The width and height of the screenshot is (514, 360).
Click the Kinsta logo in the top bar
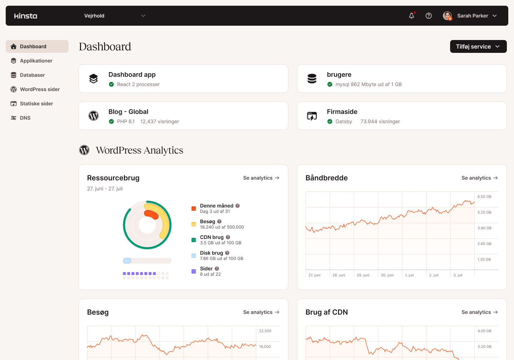point(26,16)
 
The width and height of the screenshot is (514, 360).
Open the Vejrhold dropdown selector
point(115,16)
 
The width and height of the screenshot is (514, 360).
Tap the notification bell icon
point(412,16)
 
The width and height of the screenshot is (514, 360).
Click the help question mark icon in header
point(429,16)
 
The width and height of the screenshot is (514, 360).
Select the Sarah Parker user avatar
point(447,16)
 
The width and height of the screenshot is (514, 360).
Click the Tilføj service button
point(478,46)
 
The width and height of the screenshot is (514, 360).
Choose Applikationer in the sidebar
point(36,61)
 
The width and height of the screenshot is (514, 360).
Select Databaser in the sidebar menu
point(32,75)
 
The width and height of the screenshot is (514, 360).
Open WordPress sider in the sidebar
point(40,89)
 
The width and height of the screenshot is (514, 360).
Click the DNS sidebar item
point(25,118)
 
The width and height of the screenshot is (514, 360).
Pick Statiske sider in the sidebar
point(36,104)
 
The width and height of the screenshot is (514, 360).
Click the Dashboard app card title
point(132,75)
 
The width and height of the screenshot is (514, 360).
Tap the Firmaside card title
point(342,112)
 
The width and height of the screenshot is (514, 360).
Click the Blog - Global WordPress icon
point(94,116)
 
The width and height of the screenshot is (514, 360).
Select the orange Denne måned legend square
point(193,209)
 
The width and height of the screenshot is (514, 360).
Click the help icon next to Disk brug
point(227,253)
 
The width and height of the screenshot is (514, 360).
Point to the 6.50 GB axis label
point(484,197)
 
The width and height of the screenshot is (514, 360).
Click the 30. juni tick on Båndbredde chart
point(387,275)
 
